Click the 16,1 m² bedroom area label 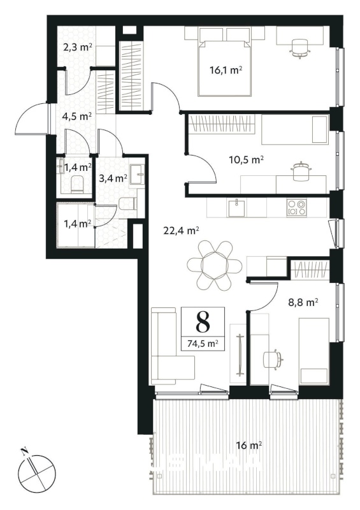click(x=226, y=70)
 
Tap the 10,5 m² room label click(x=247, y=160)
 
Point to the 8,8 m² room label click(x=303, y=302)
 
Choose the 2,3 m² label click(x=78, y=48)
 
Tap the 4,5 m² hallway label click(x=76, y=116)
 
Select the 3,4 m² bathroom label click(x=113, y=178)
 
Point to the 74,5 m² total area click(x=203, y=343)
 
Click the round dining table click(x=214, y=265)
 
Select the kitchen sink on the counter click(x=237, y=208)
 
